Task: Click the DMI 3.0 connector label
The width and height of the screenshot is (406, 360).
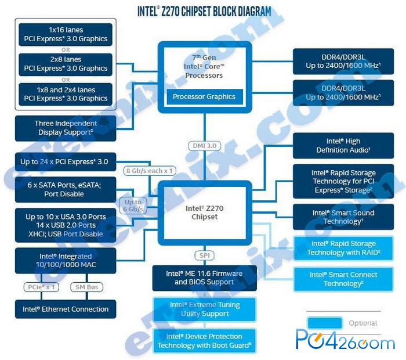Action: tap(205, 146)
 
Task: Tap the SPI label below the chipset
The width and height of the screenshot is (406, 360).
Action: tap(205, 255)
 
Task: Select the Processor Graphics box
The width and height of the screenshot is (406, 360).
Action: tap(204, 96)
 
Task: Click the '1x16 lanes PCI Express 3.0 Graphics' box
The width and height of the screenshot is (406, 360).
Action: tap(66, 34)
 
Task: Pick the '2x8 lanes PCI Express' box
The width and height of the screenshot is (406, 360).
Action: tap(66, 64)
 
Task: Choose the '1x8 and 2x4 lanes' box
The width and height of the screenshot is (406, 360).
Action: tap(66, 94)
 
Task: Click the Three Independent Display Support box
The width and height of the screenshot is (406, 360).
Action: tap(66, 128)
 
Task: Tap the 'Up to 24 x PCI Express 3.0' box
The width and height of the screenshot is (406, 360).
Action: tap(66, 162)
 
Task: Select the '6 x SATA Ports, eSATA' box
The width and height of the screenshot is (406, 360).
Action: tap(66, 189)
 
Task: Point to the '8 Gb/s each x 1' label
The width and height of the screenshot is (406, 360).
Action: tap(150, 171)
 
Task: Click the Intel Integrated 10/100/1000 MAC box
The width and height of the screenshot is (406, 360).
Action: tap(66, 261)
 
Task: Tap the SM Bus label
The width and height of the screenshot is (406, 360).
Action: tap(87, 287)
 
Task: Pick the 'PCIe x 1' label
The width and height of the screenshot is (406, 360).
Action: tap(41, 287)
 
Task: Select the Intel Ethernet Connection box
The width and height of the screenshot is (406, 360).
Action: tap(66, 309)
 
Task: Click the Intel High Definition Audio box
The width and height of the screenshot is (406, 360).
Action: tap(343, 145)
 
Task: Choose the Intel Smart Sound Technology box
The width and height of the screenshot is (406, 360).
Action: tap(343, 217)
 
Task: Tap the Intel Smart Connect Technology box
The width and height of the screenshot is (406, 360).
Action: tap(343, 279)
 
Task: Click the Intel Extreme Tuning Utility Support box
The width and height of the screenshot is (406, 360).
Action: tap(205, 309)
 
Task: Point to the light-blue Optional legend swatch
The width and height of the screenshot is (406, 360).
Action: tap(325, 323)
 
